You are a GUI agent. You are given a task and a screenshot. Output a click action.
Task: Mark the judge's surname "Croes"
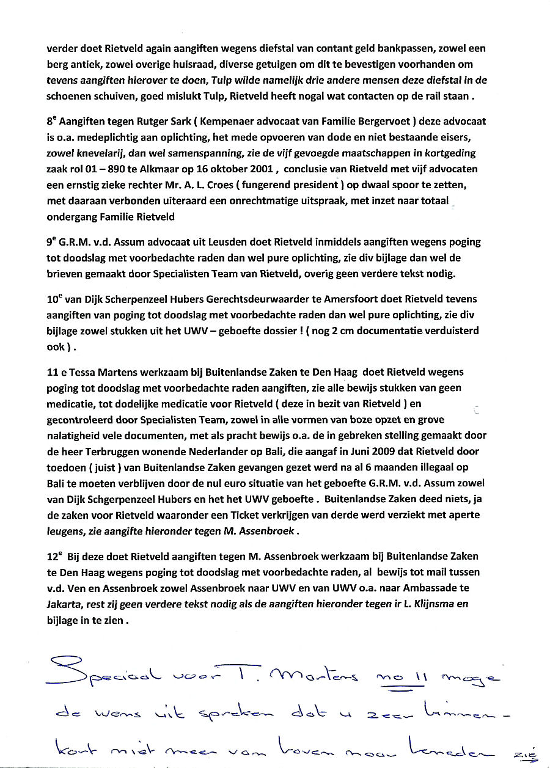[258, 185]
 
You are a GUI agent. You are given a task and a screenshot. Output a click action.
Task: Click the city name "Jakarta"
[63, 604]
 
